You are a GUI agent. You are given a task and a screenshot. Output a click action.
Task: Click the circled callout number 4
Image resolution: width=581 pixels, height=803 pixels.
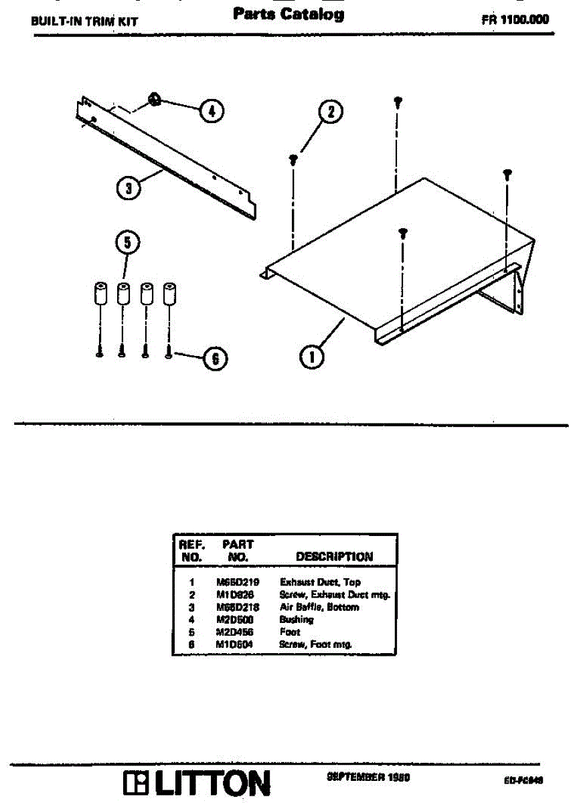[x=212, y=110]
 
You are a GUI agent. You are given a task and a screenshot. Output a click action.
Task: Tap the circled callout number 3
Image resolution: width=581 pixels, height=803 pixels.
[x=128, y=189]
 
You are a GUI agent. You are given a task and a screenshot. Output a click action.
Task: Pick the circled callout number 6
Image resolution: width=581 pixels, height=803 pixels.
[x=215, y=359]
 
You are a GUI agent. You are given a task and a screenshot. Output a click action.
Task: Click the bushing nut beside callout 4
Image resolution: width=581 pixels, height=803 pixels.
[x=153, y=101]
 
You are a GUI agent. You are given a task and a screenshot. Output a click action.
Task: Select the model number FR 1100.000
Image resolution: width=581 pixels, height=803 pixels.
[x=515, y=19]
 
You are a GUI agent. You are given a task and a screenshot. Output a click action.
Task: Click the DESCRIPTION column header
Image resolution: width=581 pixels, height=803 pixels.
[x=334, y=556]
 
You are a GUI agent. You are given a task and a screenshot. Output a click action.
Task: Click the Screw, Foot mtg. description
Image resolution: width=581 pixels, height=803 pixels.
[x=315, y=644]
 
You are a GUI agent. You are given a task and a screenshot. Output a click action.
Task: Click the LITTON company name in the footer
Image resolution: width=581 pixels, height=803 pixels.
[x=214, y=784]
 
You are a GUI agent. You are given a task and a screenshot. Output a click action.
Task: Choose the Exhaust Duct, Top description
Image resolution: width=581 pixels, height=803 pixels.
[x=319, y=582]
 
